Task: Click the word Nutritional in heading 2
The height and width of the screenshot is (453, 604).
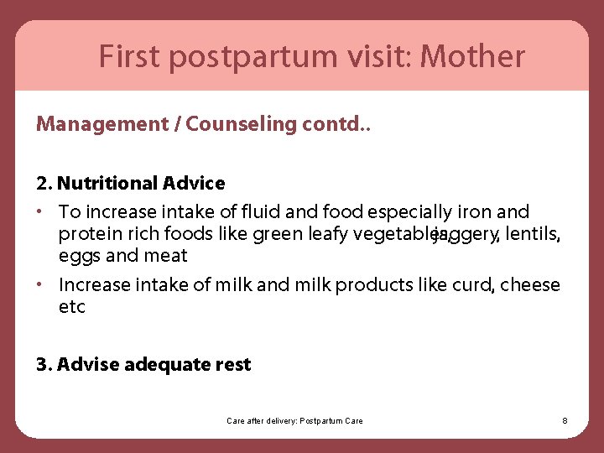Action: (x=107, y=183)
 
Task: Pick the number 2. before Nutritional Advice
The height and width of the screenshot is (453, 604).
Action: (x=44, y=183)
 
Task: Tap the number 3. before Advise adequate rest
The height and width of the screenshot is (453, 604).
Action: (x=44, y=364)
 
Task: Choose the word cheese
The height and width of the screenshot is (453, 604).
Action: (x=530, y=285)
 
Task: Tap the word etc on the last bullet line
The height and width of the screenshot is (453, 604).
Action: (x=72, y=307)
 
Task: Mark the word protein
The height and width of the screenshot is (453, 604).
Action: (x=87, y=234)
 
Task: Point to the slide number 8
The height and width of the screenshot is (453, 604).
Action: (x=565, y=420)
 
